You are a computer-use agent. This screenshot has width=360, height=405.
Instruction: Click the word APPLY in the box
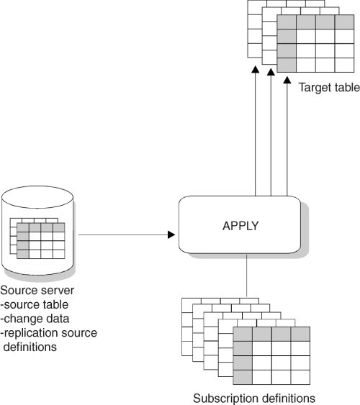click(x=240, y=226)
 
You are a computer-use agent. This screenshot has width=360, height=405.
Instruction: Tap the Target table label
click(x=329, y=87)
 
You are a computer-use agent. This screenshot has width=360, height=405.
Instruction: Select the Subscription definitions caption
click(x=254, y=398)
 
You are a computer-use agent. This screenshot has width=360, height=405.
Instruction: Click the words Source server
click(x=37, y=291)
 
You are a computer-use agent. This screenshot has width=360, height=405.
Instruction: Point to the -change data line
click(x=35, y=319)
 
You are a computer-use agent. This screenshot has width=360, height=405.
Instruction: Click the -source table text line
click(x=35, y=304)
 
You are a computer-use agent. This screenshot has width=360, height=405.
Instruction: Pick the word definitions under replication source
click(x=30, y=347)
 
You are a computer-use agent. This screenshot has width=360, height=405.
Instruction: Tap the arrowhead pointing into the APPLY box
click(x=171, y=235)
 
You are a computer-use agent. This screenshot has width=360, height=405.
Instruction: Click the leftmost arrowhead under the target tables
click(x=256, y=70)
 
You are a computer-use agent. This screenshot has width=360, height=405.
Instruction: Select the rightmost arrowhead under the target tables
click(x=287, y=80)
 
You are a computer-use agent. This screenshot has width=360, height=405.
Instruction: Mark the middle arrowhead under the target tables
click(x=271, y=72)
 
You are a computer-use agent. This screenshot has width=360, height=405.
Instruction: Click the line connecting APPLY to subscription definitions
click(x=246, y=276)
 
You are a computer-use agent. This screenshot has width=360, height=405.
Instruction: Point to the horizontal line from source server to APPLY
click(x=123, y=235)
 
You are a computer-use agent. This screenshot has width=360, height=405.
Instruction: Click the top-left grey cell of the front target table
click(x=287, y=22)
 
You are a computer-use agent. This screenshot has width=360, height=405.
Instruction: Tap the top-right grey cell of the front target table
click(x=344, y=22)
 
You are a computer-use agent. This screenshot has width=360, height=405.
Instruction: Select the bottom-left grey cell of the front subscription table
click(x=243, y=378)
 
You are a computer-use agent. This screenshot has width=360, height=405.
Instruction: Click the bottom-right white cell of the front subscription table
click(x=300, y=378)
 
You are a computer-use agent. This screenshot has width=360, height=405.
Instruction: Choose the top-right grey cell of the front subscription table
click(x=300, y=334)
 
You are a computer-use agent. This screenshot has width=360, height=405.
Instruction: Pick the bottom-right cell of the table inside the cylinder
click(x=58, y=254)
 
